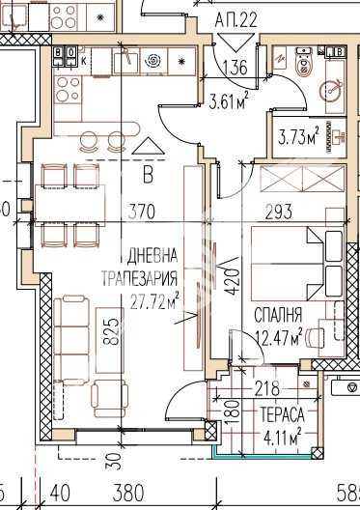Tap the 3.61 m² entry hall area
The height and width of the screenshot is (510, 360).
[229, 97]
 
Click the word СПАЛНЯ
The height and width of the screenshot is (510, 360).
[279, 315]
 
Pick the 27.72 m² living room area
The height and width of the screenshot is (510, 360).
[155, 300]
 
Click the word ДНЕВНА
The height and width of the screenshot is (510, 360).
[152, 257]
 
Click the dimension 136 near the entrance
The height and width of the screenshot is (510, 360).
[234, 68]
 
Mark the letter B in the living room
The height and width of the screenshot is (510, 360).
[148, 175]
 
